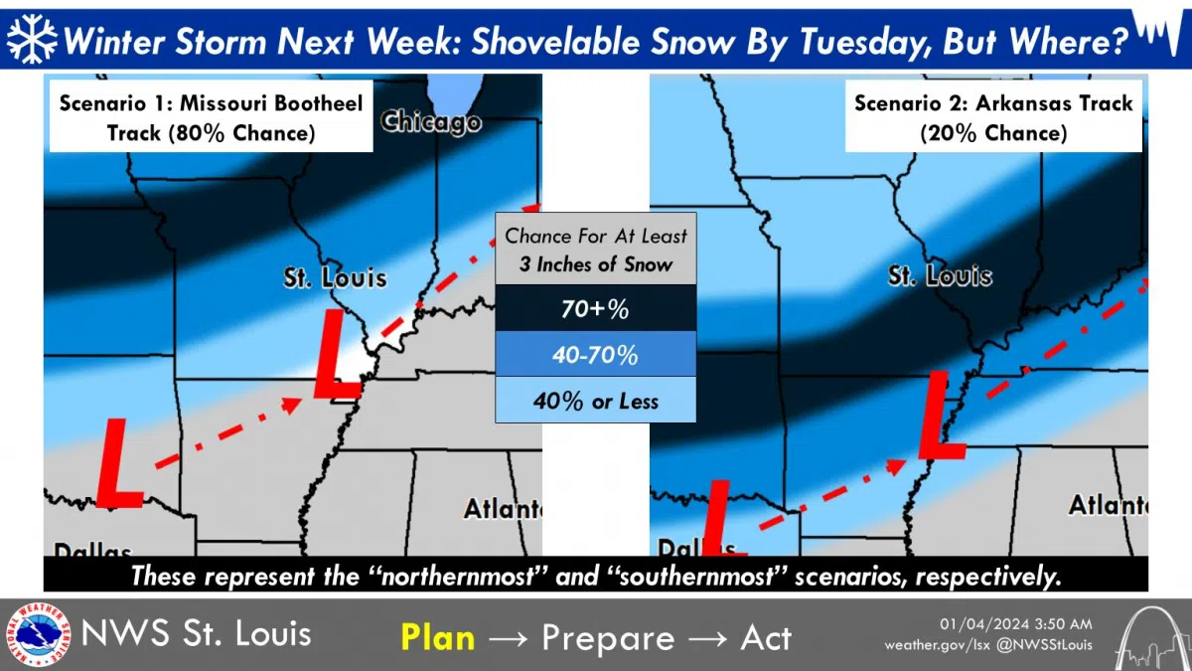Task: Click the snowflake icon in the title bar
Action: (x=31, y=38)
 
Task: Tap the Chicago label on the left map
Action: (x=431, y=122)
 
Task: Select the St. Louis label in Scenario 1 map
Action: (x=334, y=277)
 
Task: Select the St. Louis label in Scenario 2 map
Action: (x=939, y=275)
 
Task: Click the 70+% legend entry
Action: (x=595, y=310)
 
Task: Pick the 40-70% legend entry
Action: (x=595, y=356)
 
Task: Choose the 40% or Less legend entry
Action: (x=595, y=402)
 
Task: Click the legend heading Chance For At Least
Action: (x=595, y=237)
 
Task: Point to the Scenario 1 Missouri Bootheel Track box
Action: (x=211, y=117)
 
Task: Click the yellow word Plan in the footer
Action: (x=437, y=637)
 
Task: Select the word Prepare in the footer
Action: (x=609, y=637)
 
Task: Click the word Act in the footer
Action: (x=766, y=637)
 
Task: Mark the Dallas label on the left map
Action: (x=91, y=550)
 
